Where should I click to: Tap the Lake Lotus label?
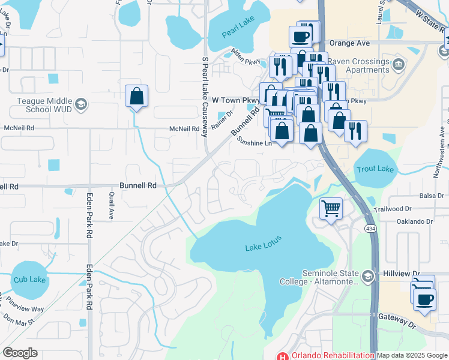click(263, 247)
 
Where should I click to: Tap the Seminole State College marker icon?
click(367, 276)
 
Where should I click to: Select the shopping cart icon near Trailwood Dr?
click(331, 208)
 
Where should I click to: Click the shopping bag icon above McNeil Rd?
click(136, 95)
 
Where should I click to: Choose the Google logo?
click(20, 353)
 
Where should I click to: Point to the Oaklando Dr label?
click(415, 221)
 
